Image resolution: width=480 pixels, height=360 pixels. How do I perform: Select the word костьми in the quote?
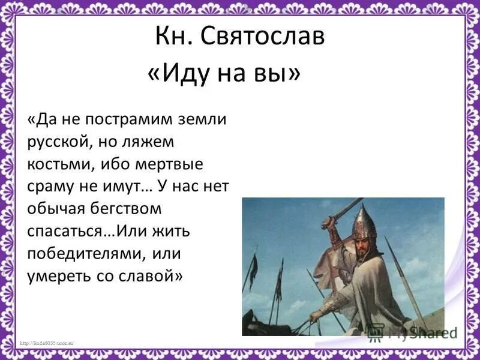coord(56,164)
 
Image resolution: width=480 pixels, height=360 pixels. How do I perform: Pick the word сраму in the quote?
coord(50,187)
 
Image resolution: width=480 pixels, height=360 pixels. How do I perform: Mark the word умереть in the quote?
coord(60,276)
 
